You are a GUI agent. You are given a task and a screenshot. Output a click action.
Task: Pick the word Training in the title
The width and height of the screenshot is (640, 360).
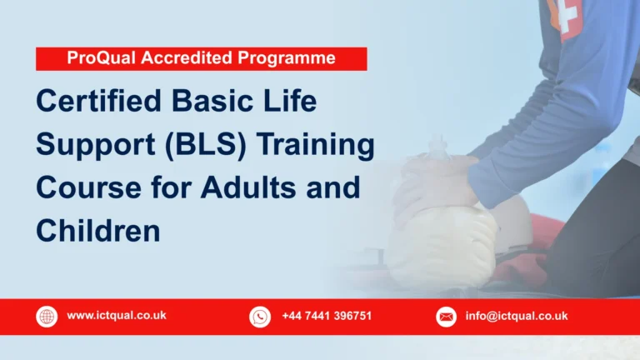pyautogui.click(x=317, y=146)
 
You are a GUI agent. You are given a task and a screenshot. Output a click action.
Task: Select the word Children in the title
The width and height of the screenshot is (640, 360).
pyautogui.click(x=97, y=230)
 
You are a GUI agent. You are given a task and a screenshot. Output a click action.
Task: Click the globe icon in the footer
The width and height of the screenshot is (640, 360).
pyautogui.click(x=47, y=317)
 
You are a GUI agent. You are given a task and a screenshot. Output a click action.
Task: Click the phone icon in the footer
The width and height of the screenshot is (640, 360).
pyautogui.click(x=260, y=317)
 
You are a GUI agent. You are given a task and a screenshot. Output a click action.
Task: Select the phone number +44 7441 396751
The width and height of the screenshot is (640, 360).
pyautogui.click(x=327, y=316)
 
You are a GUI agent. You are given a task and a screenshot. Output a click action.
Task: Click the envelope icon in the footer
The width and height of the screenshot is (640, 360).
pyautogui.click(x=447, y=317)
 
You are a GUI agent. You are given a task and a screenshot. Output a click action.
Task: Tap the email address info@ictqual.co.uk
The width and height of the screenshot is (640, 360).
pyautogui.click(x=517, y=316)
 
